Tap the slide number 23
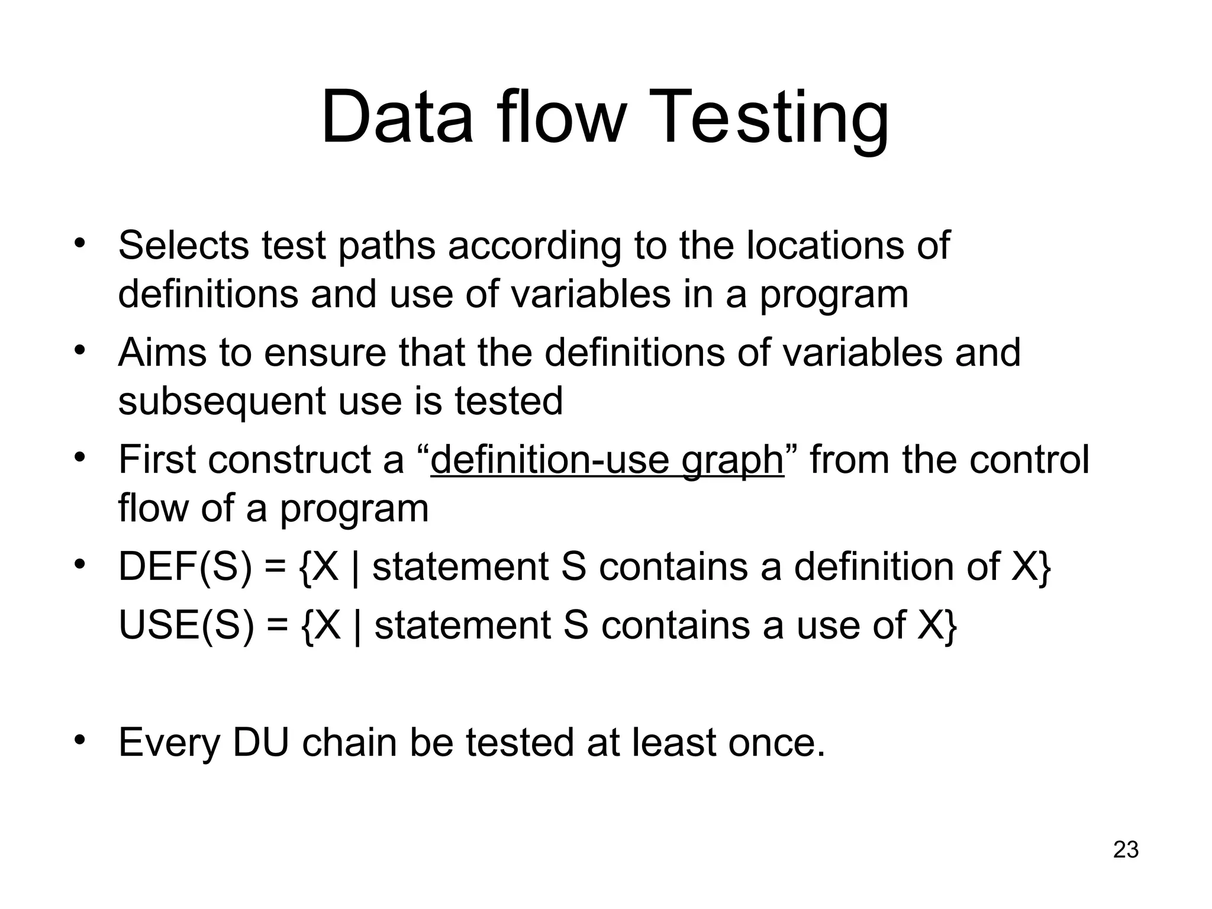coord(1126,850)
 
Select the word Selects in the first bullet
coord(184,245)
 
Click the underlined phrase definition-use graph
coord(607,460)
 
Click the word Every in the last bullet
coord(169,742)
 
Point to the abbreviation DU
coord(261,742)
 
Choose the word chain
coord(349,742)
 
